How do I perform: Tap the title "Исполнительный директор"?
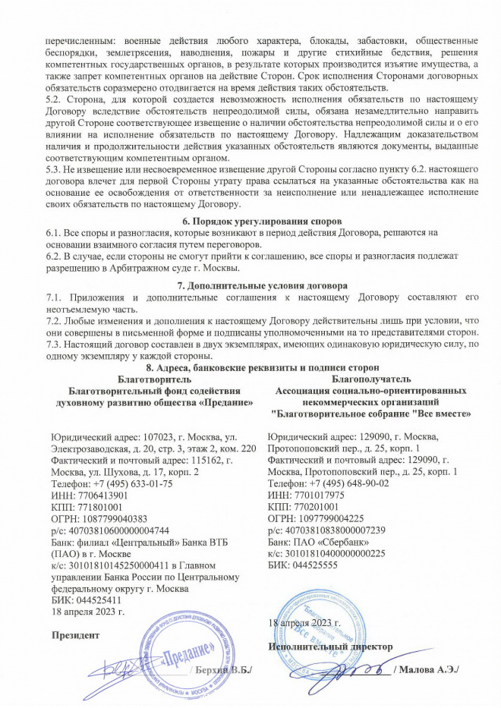331,646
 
